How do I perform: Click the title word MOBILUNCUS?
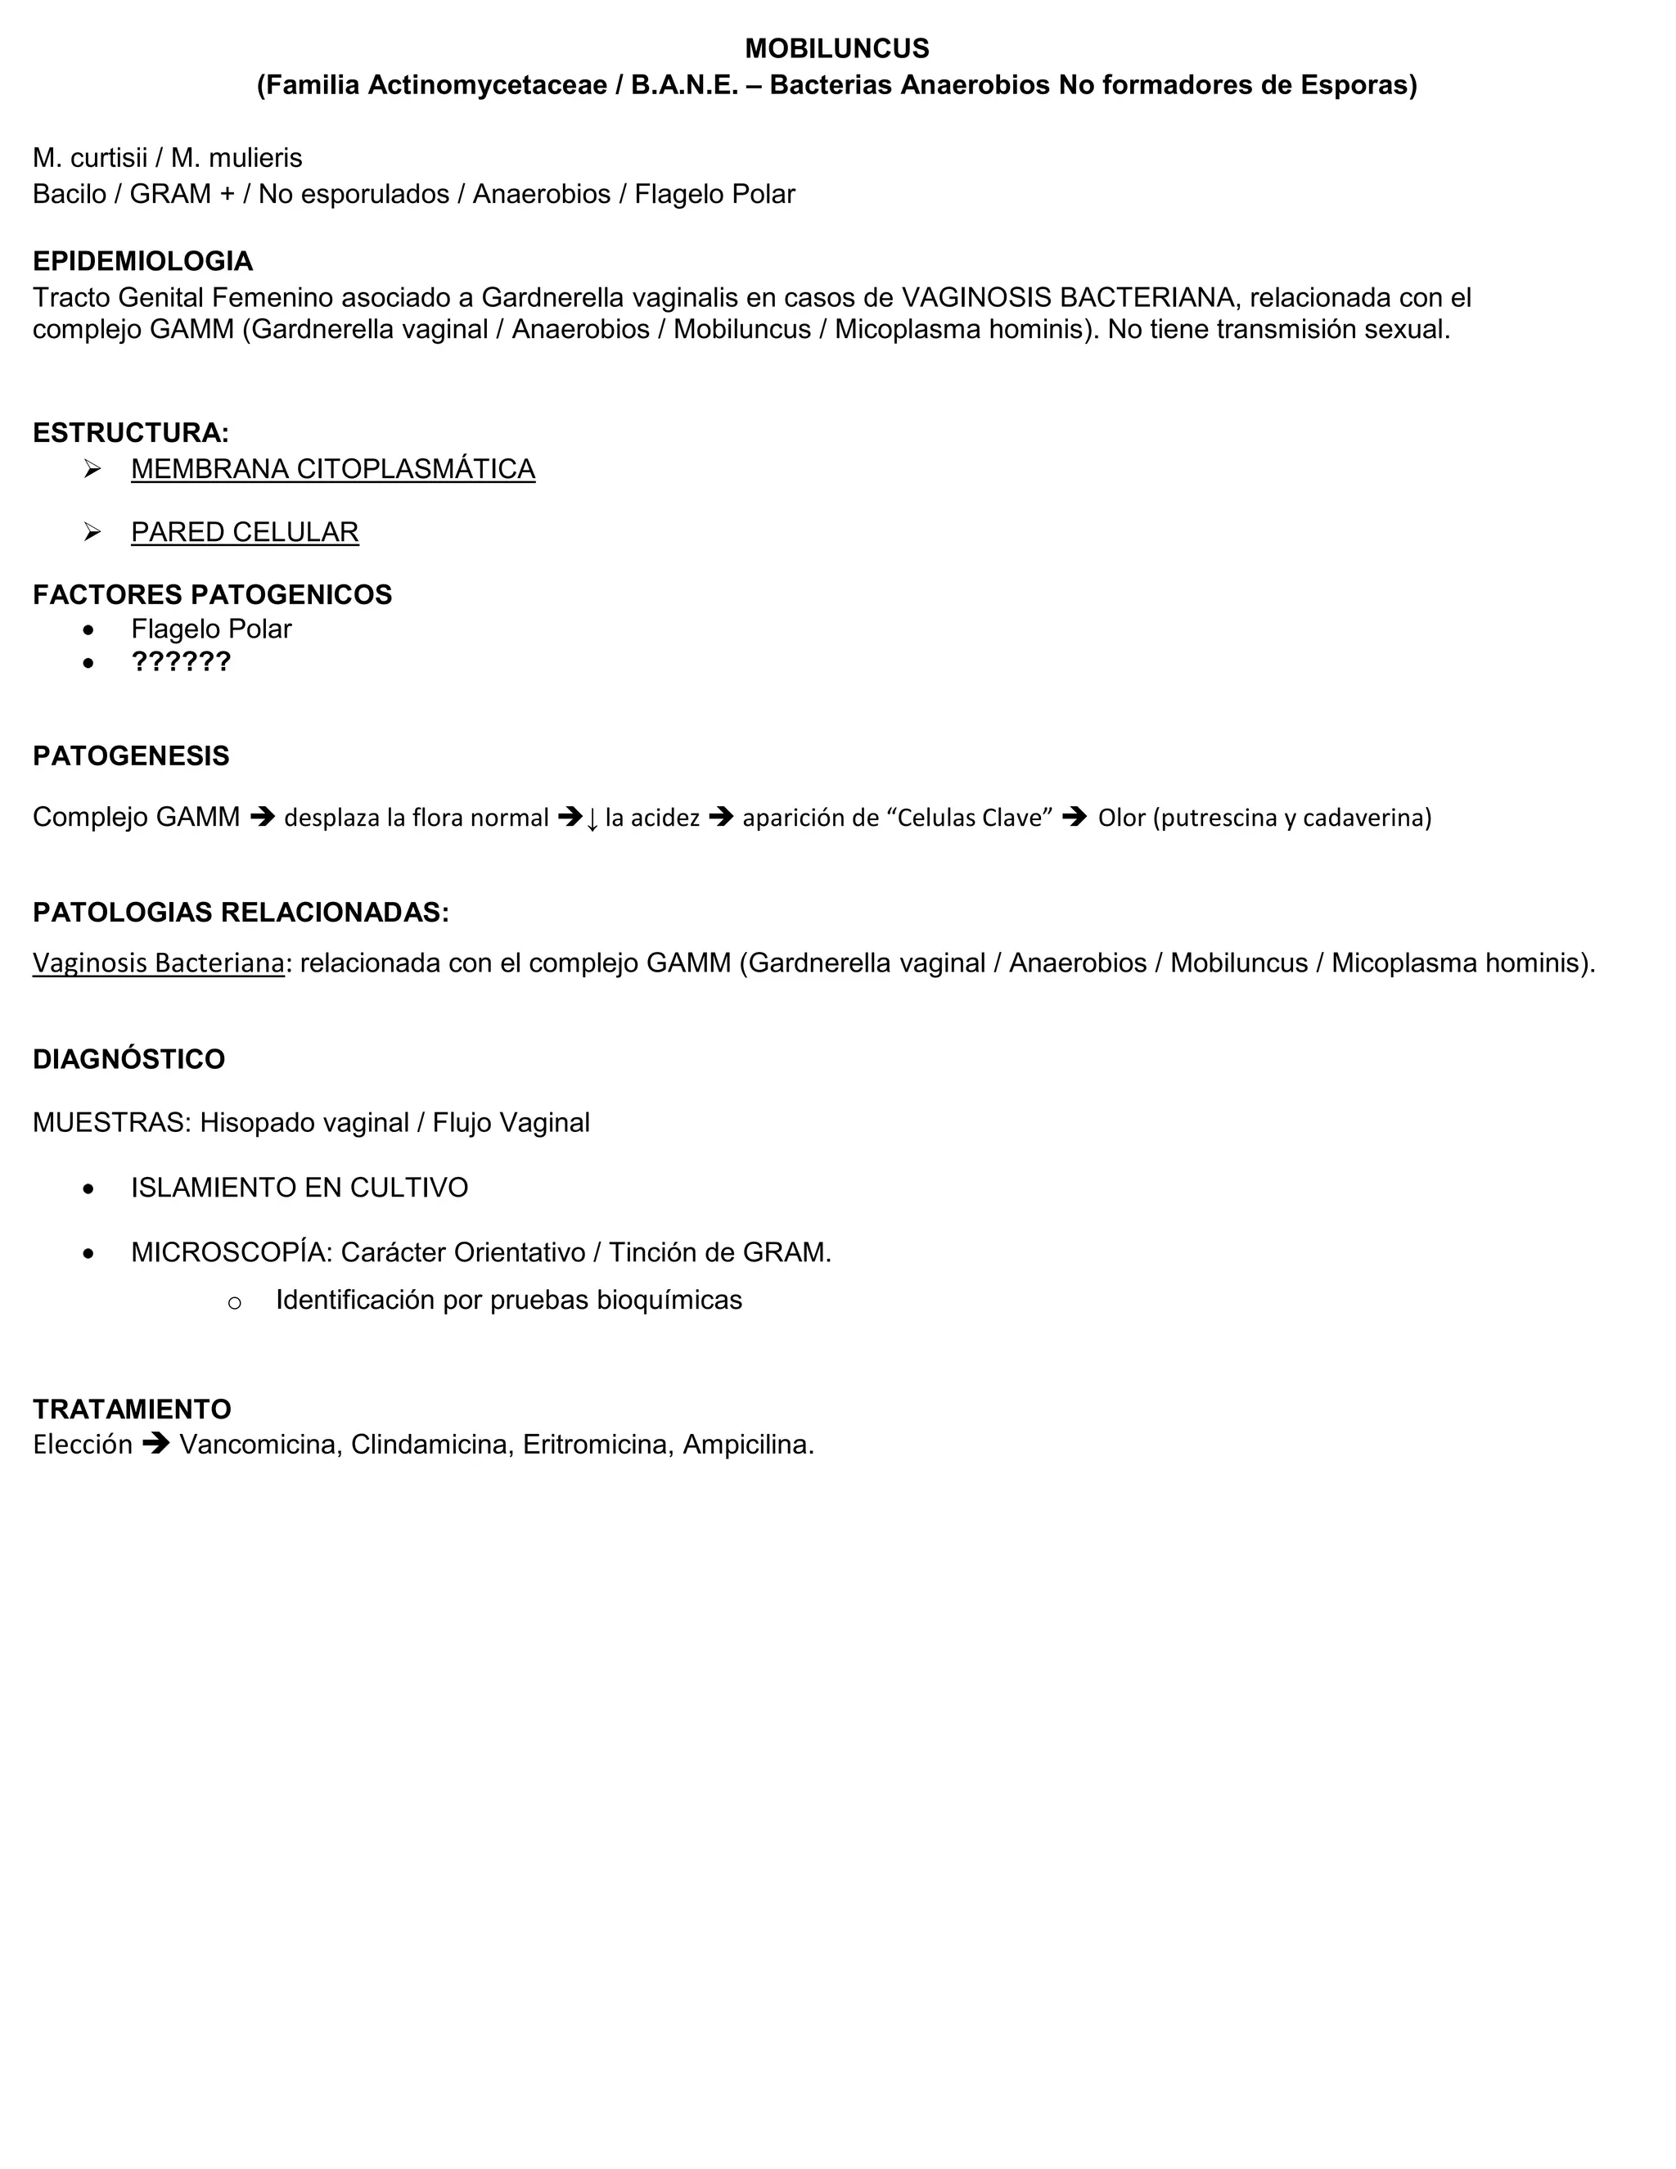(836, 48)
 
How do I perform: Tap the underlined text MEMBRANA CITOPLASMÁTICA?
(332, 469)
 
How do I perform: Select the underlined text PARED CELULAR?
(244, 532)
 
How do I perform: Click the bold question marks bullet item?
(181, 661)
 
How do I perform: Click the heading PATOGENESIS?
(130, 755)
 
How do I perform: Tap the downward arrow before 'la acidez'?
(592, 819)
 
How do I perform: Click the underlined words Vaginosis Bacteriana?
(158, 963)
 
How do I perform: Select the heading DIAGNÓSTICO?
(128, 1058)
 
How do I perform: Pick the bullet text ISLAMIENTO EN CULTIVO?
(299, 1188)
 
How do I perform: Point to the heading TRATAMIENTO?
(131, 1409)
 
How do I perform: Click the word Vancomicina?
(256, 1445)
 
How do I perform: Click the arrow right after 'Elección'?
(155, 1444)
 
